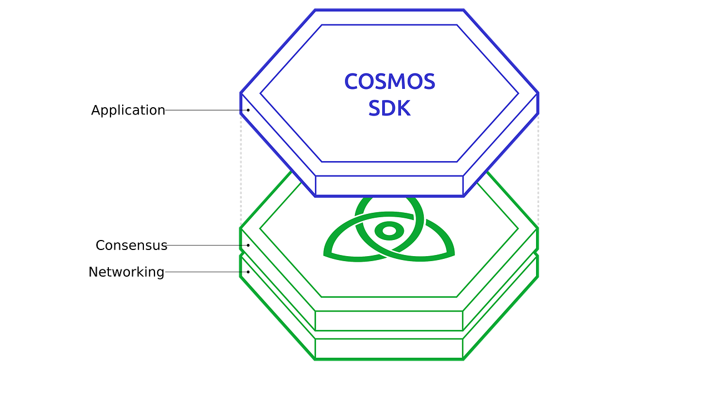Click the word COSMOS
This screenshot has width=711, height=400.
coord(389,82)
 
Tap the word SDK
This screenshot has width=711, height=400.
coord(389,108)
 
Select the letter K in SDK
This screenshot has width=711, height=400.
coord(403,108)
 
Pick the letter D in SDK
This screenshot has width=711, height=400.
coord(389,108)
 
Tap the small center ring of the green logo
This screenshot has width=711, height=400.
coord(389,230)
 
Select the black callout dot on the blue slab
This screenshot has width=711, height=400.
coord(248,110)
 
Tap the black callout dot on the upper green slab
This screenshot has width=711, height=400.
coord(248,245)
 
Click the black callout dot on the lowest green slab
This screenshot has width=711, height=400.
coord(248,272)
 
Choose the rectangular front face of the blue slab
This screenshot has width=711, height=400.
coord(389,186)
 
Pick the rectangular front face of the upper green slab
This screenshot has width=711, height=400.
coord(389,320)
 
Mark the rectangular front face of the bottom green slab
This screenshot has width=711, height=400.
coord(389,348)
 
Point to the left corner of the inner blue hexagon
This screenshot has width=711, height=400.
coord(261,93)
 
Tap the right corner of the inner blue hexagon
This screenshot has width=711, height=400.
coord(518,93)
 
